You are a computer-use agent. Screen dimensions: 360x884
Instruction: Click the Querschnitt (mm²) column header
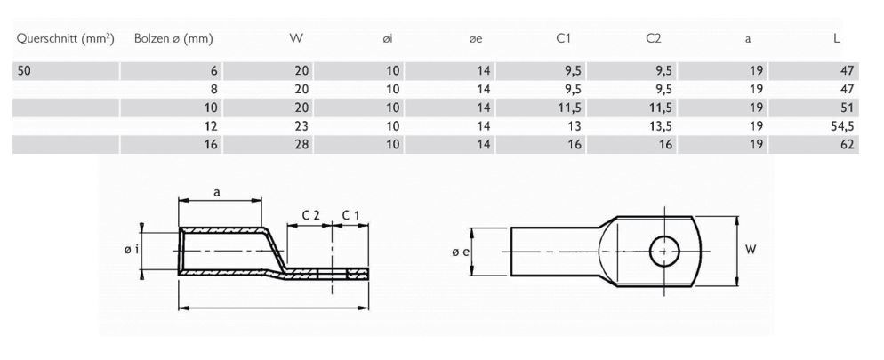[65, 39]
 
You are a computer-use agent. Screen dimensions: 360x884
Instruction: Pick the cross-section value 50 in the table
[26, 71]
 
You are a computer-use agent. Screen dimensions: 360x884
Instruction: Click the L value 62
[847, 143]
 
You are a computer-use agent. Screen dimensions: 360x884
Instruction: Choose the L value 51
[847, 108]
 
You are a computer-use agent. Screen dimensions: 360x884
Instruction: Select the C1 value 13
[571, 125]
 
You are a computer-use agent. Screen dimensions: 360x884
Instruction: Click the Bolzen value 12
[212, 125]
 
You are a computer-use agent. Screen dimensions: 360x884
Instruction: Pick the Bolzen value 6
[215, 71]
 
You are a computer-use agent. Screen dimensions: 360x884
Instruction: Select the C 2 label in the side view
[311, 215]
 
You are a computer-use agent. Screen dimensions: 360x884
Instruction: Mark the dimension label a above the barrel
[218, 191]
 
